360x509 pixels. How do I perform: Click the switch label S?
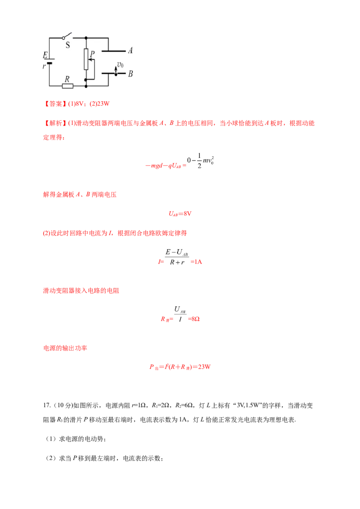click(68, 45)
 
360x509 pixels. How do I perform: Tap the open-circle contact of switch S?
click(63, 38)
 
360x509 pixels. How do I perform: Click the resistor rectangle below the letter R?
click(67, 85)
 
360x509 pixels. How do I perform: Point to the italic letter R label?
click(67, 79)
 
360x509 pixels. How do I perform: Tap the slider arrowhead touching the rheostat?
click(89, 65)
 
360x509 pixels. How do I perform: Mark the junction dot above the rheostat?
click(85, 38)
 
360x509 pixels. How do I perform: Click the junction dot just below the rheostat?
click(85, 79)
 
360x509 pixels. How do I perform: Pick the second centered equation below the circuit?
click(180, 214)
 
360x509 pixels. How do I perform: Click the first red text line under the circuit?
click(77, 104)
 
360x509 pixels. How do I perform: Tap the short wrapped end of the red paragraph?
click(54, 138)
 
